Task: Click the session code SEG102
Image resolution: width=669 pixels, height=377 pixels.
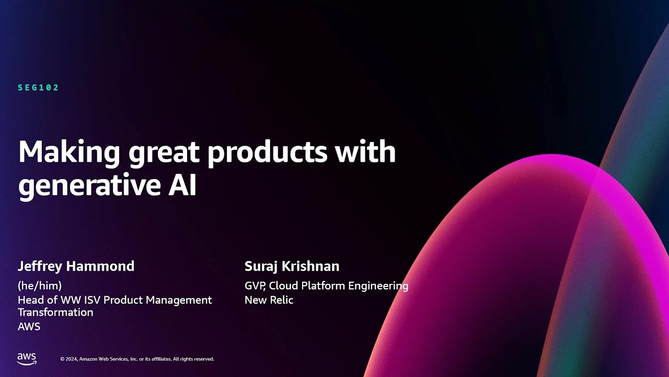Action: [38, 87]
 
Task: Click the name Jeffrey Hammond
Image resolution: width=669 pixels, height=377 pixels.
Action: [76, 266]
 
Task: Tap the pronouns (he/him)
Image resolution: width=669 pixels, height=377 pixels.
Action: [40, 286]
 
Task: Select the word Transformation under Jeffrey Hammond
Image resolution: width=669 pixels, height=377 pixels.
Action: [55, 312]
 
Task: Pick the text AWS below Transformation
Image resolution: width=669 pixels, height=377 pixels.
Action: [29, 326]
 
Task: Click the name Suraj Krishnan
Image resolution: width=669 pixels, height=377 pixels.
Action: [292, 266]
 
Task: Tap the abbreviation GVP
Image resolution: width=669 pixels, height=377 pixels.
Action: [255, 286]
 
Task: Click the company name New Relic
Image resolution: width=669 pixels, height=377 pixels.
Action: [269, 300]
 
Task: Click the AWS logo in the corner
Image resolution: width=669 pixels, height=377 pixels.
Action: [27, 359]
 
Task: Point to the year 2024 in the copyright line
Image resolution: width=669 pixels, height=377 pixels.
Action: [72, 359]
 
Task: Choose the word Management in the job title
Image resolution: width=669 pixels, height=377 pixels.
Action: [179, 300]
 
